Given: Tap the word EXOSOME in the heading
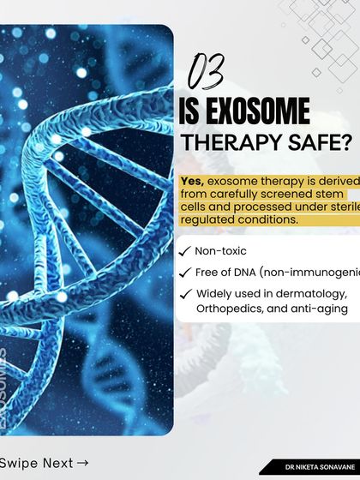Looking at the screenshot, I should [257, 111].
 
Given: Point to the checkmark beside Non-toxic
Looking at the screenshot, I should [185, 251].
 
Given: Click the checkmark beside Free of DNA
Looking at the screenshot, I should [185, 273].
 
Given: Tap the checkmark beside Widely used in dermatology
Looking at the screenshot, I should [185, 294].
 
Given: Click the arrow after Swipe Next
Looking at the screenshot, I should [82, 464].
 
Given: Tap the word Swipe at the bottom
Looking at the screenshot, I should [19, 464].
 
